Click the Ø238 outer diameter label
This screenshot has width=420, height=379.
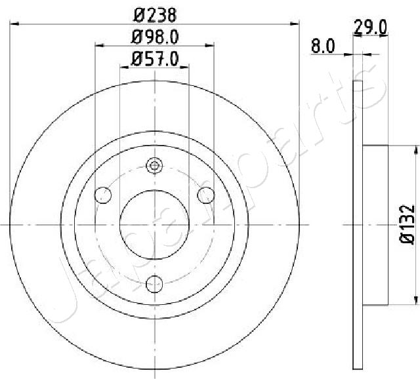pos(155,15)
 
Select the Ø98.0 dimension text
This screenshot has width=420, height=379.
pos(155,37)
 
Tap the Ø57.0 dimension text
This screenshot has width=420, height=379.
pos(155,59)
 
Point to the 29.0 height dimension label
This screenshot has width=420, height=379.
pos(370,28)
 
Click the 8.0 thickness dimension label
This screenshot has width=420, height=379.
pos(323,46)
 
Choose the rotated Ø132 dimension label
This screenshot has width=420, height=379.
pos(407,224)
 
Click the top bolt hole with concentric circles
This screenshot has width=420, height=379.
pos(155,166)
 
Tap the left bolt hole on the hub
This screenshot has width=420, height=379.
pos(103,195)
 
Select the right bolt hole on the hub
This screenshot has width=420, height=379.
pos(205,195)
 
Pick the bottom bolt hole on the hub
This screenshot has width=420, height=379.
pos(155,284)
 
